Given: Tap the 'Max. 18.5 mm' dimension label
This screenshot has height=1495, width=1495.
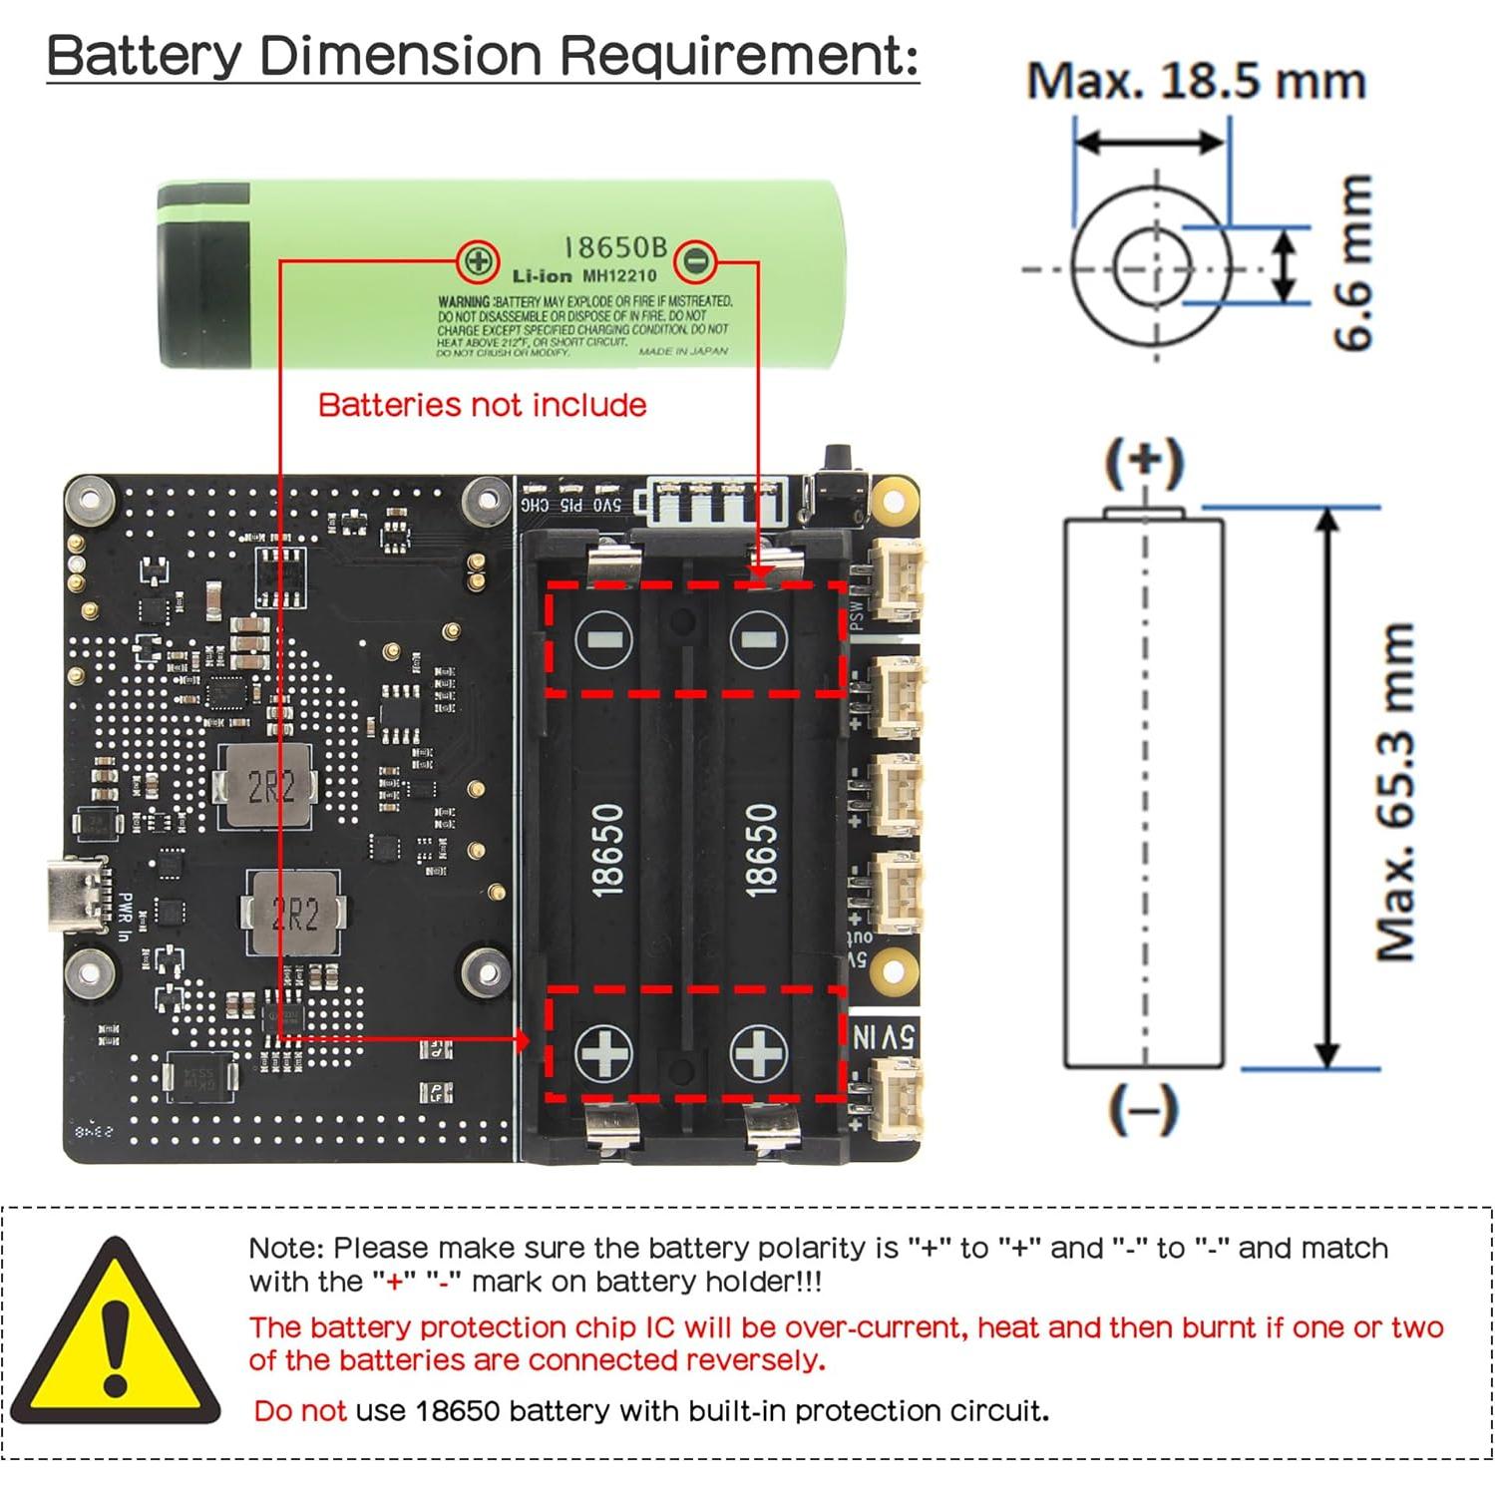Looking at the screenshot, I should point(1195,81).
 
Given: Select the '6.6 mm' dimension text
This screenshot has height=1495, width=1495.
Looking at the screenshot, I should point(1354,262).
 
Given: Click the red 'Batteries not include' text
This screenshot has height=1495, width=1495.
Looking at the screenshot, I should point(482,405).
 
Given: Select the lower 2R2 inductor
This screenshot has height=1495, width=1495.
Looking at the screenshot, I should point(294,913).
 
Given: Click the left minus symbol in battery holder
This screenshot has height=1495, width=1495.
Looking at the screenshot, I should point(604,639).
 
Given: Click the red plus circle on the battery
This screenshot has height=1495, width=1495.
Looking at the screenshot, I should point(478,261).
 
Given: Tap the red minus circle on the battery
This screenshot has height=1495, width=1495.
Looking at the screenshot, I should point(695,261).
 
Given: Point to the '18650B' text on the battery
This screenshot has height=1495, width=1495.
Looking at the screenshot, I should point(615,247).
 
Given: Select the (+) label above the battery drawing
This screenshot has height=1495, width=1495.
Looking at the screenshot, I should point(1144,461).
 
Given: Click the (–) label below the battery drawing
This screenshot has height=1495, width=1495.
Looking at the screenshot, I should point(1143,1109).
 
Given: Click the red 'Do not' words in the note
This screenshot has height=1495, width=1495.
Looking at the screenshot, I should point(299,1410).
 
